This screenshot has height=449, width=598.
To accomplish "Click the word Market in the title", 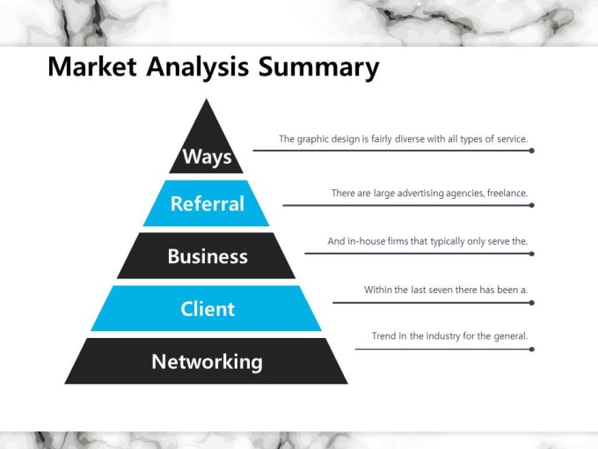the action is click(92, 67).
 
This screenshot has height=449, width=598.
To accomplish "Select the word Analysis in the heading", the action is click(198, 69).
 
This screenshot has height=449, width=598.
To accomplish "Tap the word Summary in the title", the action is click(319, 69).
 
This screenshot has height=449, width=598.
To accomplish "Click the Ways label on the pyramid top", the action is click(207, 157).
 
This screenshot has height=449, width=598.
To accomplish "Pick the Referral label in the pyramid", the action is click(208, 203).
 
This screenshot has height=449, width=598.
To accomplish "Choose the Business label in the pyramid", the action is click(208, 256).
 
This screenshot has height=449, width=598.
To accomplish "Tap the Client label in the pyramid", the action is click(208, 309).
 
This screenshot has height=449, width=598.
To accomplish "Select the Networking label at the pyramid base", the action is click(207, 362).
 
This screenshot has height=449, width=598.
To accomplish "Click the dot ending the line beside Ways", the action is click(532, 151).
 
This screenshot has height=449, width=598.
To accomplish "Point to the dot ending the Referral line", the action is click(532, 205).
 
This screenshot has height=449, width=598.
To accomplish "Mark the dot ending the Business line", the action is click(532, 254).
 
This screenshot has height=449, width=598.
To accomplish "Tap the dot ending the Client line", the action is click(532, 303).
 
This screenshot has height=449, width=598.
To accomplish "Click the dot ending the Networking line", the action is click(532, 350).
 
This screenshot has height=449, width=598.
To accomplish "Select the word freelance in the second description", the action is click(507, 193).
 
